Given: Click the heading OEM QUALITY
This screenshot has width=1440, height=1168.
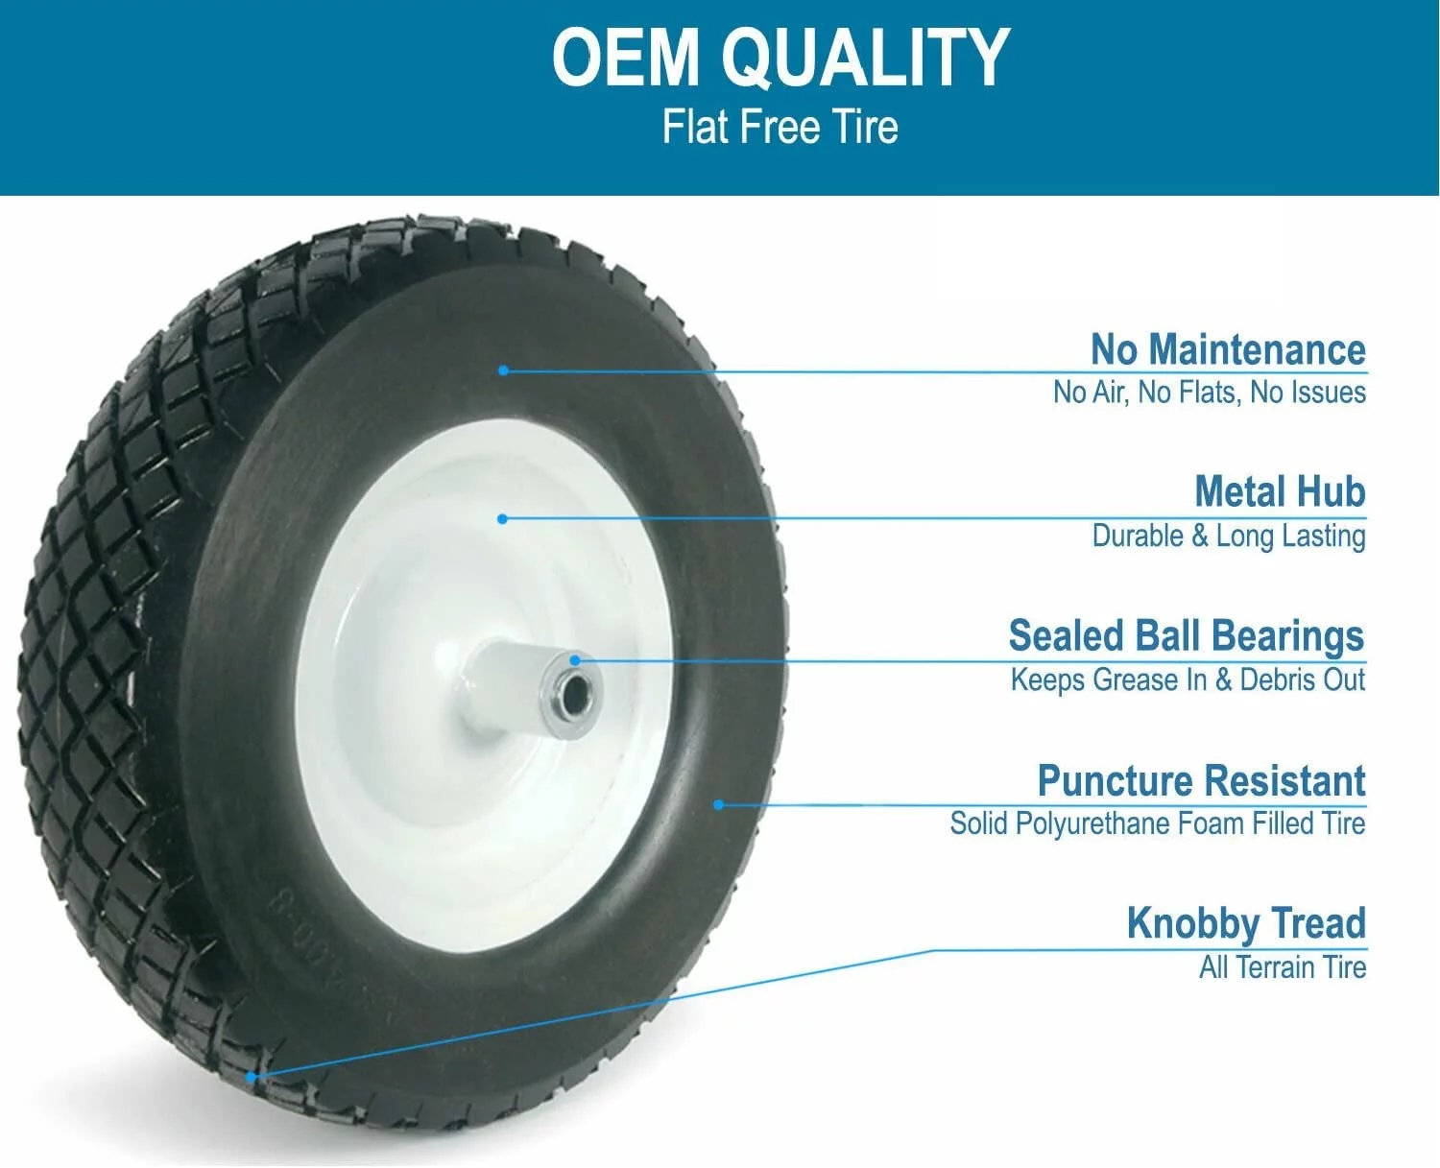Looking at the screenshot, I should (x=780, y=58).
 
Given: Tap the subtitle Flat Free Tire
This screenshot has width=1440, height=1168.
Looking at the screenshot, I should (x=780, y=128).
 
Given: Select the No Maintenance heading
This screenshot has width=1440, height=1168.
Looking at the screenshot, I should (x=1227, y=349).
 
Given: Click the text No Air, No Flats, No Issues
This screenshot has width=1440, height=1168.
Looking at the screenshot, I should (x=1209, y=393).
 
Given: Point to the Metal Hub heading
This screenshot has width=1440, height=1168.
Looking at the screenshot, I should (x=1279, y=491).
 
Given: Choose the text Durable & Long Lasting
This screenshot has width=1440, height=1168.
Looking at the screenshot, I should (x=1228, y=536).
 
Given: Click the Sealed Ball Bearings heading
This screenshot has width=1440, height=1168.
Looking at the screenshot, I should (x=1186, y=635).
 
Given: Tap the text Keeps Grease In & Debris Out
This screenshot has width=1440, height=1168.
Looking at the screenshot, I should (x=1187, y=679).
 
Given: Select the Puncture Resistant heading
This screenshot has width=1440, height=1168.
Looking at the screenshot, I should (x=1201, y=780).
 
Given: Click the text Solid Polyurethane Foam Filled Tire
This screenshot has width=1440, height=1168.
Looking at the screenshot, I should (x=1157, y=823).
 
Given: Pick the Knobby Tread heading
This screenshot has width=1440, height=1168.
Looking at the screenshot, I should (x=1245, y=923).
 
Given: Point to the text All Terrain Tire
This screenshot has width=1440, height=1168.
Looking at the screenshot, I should (x=1282, y=967).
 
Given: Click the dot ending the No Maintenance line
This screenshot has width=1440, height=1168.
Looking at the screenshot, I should (x=503, y=370).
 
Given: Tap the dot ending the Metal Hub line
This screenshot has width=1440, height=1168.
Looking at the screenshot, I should (x=502, y=519).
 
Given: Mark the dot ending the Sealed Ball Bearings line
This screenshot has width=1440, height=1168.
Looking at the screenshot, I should (x=575, y=660).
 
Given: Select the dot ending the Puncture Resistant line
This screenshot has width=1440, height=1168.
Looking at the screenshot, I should (x=718, y=804).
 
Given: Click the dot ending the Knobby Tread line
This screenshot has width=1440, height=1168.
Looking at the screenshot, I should (x=251, y=1077).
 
